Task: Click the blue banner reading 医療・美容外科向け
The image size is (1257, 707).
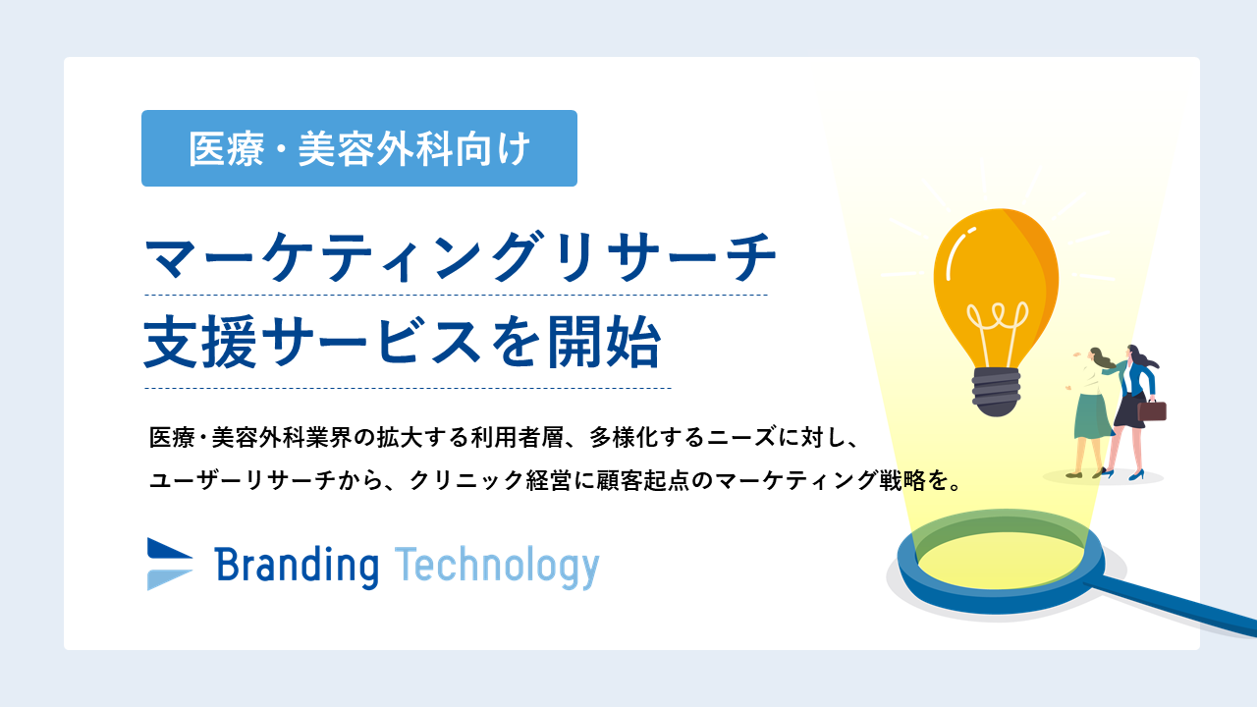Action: point(359,148)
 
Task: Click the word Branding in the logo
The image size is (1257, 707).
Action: point(297,567)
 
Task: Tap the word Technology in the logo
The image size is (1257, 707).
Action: point(497,567)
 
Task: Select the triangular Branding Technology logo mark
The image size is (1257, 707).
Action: point(170,564)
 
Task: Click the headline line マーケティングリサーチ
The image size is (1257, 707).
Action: point(461,257)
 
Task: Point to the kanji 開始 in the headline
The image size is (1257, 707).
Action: point(604,343)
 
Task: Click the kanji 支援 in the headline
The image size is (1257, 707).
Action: point(200,343)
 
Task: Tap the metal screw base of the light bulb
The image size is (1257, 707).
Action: point(996,392)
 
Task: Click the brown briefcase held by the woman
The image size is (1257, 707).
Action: point(1152,410)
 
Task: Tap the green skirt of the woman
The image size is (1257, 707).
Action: point(1091,415)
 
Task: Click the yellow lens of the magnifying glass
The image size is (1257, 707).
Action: point(1002,560)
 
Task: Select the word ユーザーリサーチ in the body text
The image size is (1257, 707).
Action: point(243,480)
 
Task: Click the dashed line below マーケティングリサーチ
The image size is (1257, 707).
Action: point(457,295)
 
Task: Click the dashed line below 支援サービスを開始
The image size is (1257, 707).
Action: point(408,388)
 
